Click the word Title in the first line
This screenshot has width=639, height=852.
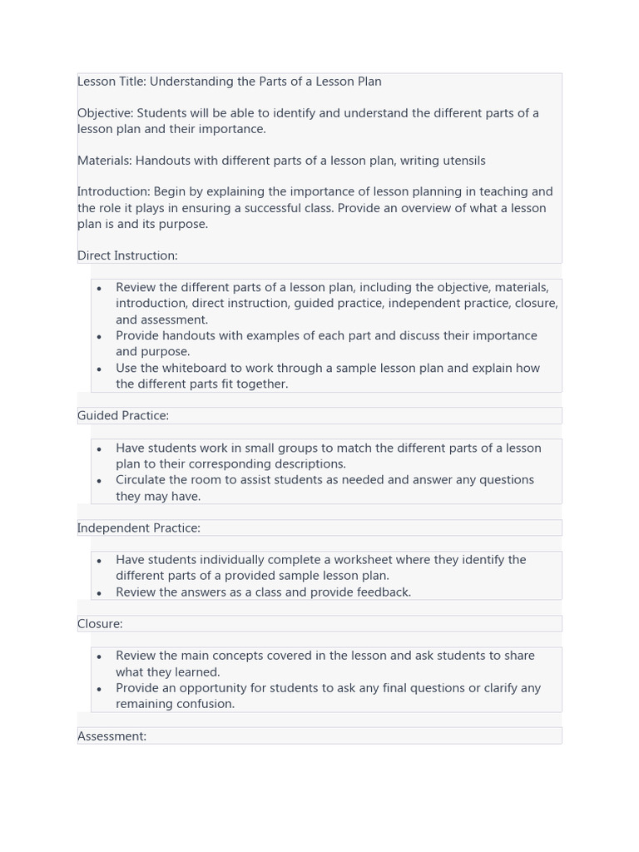coord(131,82)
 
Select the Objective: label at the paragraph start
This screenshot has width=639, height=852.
coord(105,113)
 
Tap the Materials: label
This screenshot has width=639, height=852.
coord(104,161)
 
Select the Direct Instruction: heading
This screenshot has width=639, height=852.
coord(127,255)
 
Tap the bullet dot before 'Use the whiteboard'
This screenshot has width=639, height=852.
coord(99,369)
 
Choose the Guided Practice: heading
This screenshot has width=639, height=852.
coord(123,415)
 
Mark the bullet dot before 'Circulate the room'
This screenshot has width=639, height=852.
coord(99,481)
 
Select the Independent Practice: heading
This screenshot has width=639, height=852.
coord(139,528)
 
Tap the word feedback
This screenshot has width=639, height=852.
coord(382,592)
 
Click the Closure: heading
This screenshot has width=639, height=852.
coord(100,623)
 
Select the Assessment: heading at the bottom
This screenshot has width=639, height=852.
coord(111,736)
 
